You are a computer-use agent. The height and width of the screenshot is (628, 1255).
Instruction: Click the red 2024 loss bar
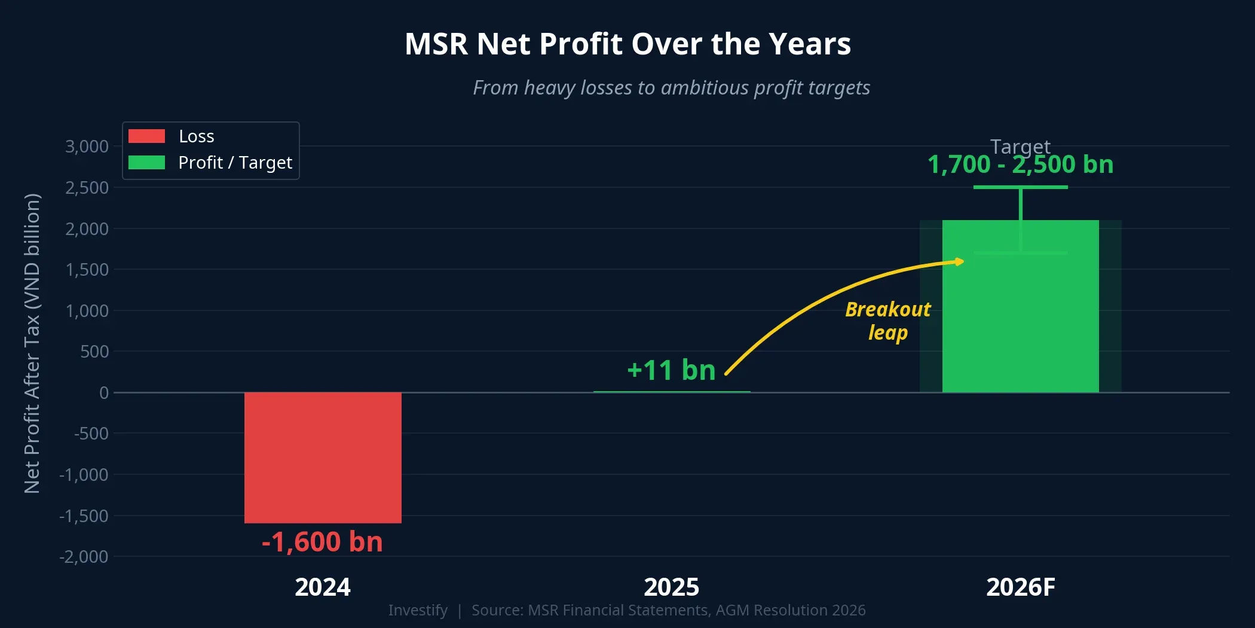(323, 458)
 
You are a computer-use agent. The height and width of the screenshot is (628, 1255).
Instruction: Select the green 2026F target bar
(1020, 323)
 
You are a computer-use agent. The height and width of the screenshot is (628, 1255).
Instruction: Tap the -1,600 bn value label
(322, 542)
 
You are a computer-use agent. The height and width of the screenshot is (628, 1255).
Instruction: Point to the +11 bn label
(671, 370)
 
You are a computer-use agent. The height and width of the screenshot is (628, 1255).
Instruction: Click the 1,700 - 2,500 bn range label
(1020, 164)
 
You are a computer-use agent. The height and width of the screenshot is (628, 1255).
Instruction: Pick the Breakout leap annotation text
(887, 321)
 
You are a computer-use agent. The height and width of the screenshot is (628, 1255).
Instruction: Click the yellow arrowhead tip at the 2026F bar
(962, 261)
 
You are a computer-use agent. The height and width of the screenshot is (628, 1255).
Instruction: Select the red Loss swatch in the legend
(146, 136)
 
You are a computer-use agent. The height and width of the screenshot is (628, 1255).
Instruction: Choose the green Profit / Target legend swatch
(146, 163)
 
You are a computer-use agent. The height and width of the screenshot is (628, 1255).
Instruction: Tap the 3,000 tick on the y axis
(87, 147)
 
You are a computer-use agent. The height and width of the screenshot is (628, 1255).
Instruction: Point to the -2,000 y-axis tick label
(84, 557)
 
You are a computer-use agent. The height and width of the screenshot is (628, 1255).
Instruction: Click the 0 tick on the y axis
(104, 393)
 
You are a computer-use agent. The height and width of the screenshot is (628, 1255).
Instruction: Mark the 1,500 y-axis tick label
(87, 270)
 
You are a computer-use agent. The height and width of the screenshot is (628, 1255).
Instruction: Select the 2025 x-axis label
(671, 587)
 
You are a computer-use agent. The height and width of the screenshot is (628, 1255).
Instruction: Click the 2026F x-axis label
(1020, 587)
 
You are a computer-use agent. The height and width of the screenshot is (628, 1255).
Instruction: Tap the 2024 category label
(323, 587)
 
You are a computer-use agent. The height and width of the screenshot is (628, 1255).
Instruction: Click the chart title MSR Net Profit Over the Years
(627, 44)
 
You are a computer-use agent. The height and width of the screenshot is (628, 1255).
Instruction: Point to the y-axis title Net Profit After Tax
(32, 343)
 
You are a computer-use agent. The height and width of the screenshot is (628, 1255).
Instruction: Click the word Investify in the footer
(418, 610)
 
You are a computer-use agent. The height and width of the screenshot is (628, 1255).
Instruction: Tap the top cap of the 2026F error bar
(1020, 187)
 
